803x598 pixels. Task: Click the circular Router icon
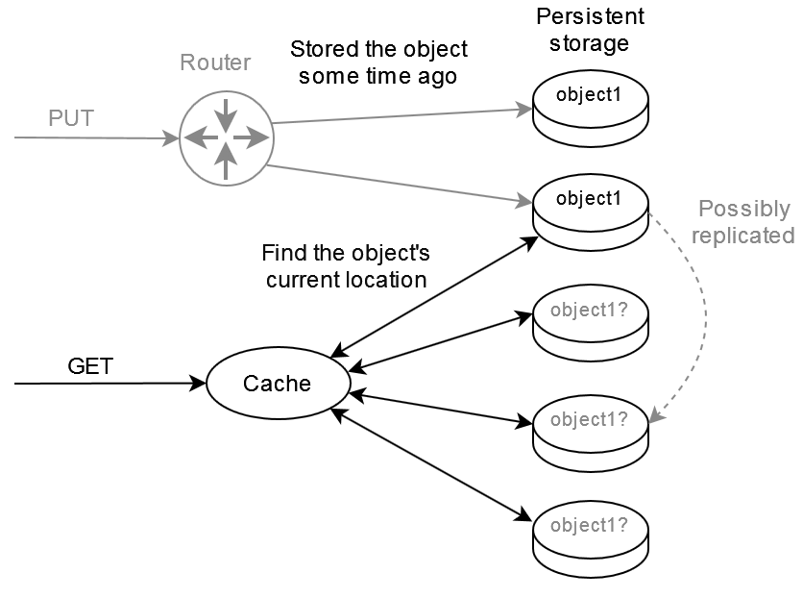click(226, 138)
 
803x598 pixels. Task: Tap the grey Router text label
click(215, 63)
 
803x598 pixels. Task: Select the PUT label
click(71, 119)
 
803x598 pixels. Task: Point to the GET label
click(90, 366)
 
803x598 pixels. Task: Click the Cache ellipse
click(277, 384)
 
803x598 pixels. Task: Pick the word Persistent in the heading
click(590, 17)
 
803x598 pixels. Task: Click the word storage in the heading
click(590, 43)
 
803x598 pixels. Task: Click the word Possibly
click(743, 210)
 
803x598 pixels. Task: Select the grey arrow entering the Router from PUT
click(96, 138)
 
